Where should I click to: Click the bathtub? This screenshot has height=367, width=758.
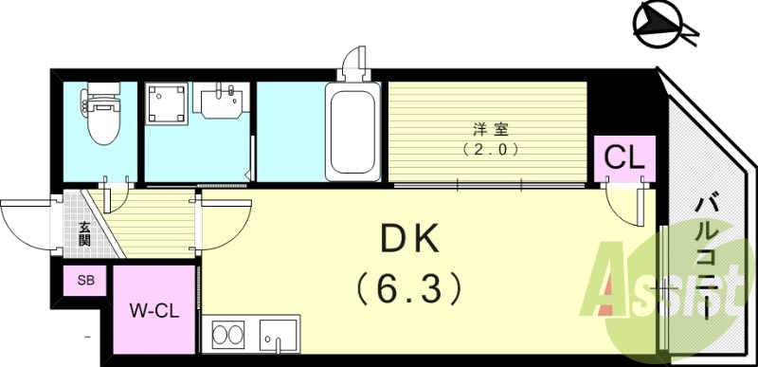tap(352, 130)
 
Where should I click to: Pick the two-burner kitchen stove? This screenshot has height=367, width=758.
tap(228, 336)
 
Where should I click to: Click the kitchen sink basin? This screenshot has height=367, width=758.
tap(277, 338)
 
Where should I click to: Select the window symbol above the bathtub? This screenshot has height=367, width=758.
tap(354, 63)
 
